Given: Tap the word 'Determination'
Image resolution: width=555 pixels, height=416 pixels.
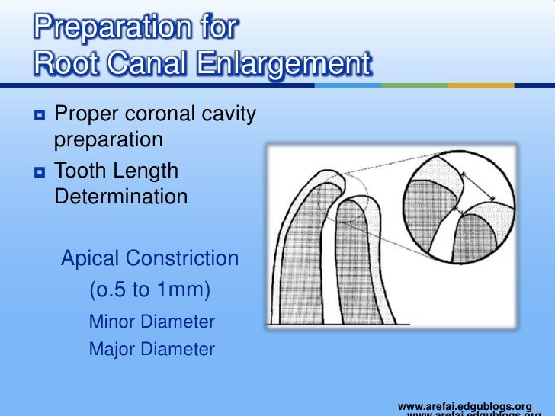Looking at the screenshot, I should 121,197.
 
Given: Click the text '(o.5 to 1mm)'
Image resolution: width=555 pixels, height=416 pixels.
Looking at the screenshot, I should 150,291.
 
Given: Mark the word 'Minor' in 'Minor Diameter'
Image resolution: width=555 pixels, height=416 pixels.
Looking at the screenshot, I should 111,322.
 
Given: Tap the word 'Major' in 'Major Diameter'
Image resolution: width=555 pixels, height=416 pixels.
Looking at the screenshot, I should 111,350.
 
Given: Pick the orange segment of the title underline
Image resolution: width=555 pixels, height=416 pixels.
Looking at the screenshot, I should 481,85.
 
